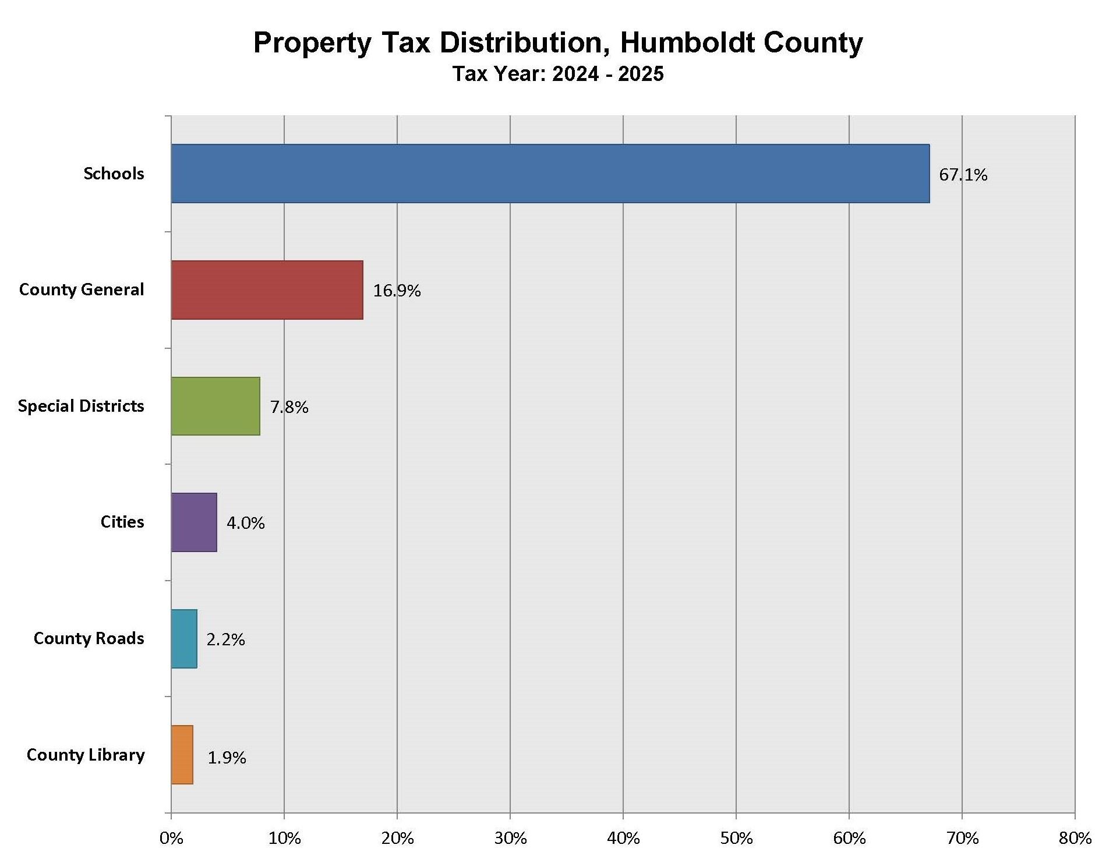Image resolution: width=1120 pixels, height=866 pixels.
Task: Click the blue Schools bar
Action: pos(550,174)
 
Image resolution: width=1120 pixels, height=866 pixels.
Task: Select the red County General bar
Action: pos(267,290)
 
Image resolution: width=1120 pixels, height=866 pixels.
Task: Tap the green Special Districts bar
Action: pos(215,406)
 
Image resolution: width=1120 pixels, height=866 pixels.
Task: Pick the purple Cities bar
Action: pos(194,522)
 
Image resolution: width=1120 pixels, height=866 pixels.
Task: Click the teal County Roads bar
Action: pos(184,639)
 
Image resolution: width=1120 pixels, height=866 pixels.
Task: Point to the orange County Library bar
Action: pos(182,755)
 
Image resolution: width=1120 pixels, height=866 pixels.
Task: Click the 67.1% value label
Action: pos(963,175)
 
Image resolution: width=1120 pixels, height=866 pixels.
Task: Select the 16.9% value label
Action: pos(397,291)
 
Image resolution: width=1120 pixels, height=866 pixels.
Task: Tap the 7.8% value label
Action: pos(289,407)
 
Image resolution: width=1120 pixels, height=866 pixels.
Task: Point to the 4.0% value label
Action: pos(245,523)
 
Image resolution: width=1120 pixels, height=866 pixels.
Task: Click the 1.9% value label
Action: pos(227,758)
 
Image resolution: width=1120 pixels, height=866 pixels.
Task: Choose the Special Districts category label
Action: pos(81,406)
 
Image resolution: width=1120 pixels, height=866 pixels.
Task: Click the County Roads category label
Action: pos(89,638)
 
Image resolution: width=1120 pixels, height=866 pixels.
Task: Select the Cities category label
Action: pos(122,522)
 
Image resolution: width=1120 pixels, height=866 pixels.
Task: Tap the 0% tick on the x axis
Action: pos(171,839)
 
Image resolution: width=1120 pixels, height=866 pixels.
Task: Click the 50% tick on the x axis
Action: pos(736,839)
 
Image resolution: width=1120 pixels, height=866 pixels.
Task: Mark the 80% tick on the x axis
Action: pos(1075,839)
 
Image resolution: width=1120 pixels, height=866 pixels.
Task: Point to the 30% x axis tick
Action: pos(510,839)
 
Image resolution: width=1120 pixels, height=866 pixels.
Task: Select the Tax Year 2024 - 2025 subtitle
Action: pos(558,74)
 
